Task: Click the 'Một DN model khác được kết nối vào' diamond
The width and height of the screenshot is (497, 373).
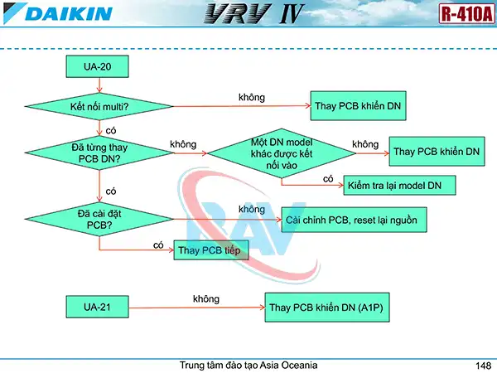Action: point(281,153)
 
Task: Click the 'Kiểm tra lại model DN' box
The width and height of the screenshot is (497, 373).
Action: point(399,185)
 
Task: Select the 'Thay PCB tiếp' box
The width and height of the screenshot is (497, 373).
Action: point(211,249)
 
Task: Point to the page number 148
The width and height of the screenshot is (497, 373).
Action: point(484,366)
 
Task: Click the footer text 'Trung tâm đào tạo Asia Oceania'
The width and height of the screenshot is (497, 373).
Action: point(248,366)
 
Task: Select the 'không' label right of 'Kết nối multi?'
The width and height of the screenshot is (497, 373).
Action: point(251,98)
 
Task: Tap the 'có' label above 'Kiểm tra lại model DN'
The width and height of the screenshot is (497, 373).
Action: point(328,178)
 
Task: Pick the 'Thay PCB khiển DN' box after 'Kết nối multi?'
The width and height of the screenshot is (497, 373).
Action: point(360,107)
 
